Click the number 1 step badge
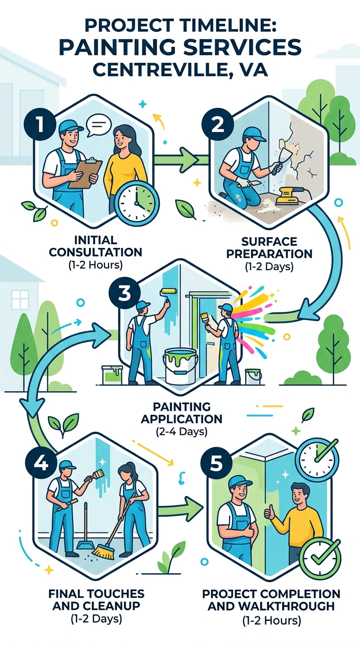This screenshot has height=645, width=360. click(x=40, y=124)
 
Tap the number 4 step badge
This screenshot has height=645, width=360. click(x=41, y=464)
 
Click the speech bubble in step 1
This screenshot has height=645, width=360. click(x=99, y=125)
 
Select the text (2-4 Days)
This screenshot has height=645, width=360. click(x=182, y=432)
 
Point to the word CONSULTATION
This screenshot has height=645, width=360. click(x=96, y=252)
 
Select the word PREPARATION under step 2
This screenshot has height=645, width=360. click(x=269, y=254)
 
